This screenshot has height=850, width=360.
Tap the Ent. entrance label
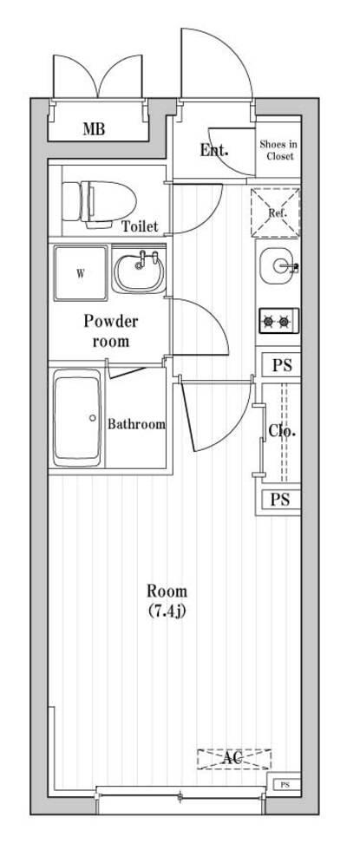tap(213, 149)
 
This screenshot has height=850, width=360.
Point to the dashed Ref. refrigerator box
tap(277, 211)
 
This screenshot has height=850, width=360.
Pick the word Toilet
tap(140, 227)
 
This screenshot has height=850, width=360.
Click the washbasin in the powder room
tap(139, 271)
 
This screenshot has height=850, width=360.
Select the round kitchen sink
tap(277, 265)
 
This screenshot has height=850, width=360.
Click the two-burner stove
tap(278, 322)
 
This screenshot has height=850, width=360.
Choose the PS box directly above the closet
tap(280, 365)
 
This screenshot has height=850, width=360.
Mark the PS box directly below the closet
tap(279, 499)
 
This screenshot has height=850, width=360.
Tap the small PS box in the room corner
tap(285, 786)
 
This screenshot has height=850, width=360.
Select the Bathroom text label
tap(136, 424)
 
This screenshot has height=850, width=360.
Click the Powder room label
tap(110, 330)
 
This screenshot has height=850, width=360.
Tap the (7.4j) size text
tap(166, 611)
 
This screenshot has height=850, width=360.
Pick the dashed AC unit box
tap(233, 759)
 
